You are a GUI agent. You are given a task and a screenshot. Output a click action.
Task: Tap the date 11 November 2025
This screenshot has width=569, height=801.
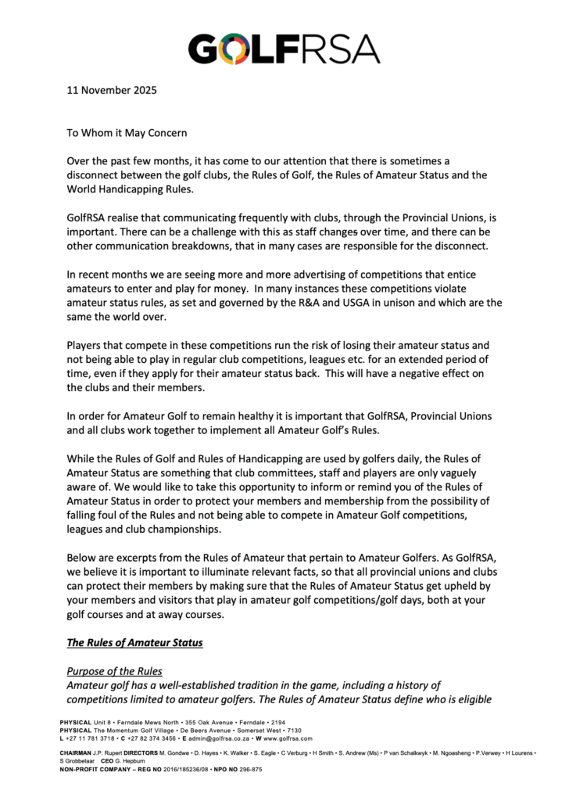click(x=111, y=89)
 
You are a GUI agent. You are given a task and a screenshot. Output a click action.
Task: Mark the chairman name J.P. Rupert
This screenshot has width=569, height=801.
click(x=109, y=752)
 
